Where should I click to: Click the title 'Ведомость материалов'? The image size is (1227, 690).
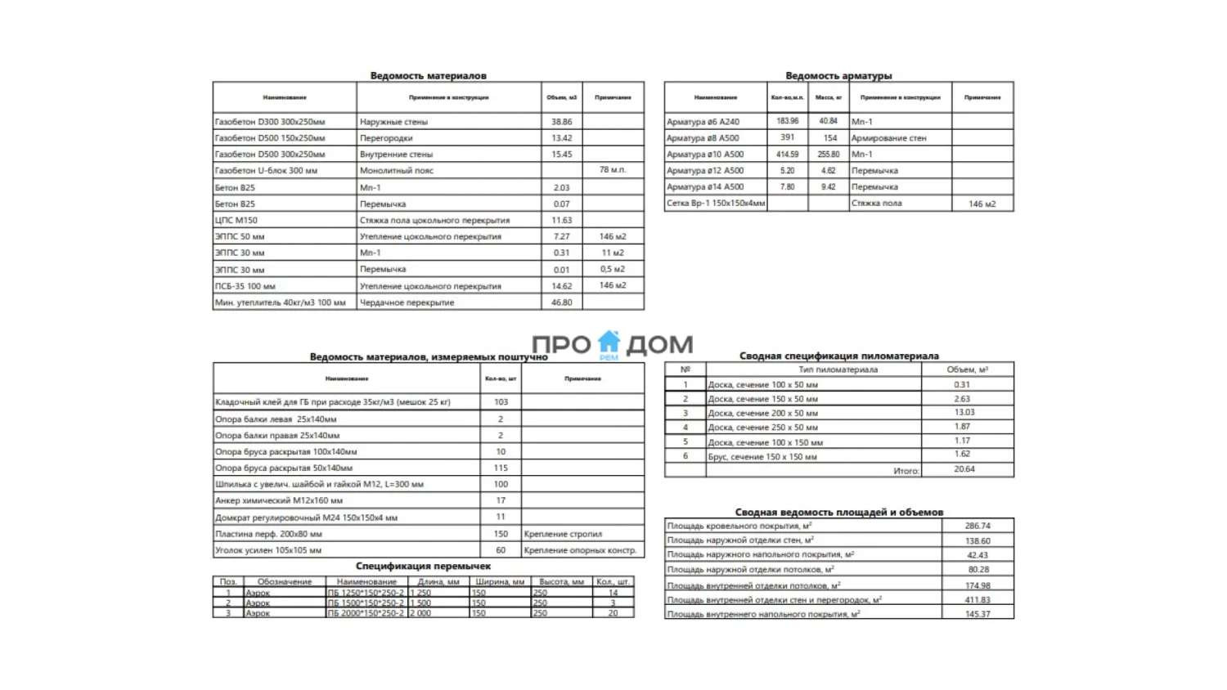[x=428, y=75]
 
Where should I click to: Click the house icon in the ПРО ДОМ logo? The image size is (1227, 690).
[x=609, y=342]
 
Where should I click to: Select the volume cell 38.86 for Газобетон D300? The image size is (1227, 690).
[x=562, y=122]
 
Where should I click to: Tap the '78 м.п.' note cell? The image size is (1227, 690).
[x=613, y=170]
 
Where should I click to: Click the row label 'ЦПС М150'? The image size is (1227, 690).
[x=236, y=220]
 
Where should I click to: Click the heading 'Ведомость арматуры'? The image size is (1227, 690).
[x=838, y=75]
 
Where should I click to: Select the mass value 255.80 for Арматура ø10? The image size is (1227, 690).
[x=829, y=154]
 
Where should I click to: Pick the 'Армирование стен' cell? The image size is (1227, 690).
[x=888, y=138]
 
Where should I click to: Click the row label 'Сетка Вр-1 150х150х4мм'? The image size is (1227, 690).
[x=716, y=204]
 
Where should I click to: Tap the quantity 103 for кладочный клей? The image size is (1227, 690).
[x=501, y=402]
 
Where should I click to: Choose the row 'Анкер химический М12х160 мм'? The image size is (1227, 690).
[x=279, y=500]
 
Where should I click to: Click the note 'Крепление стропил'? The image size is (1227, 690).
[x=563, y=534]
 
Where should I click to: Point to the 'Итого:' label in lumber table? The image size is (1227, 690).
[x=906, y=471]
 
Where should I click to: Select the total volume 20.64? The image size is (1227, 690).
[x=964, y=469]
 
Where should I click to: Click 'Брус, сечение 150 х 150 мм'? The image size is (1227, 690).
[x=762, y=457]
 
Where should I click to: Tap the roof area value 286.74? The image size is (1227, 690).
[x=978, y=526]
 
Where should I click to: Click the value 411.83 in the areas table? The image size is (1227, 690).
[x=978, y=600]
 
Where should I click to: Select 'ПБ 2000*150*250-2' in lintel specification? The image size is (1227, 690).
[x=366, y=613]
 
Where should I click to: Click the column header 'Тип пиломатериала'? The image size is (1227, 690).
[x=838, y=370]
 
